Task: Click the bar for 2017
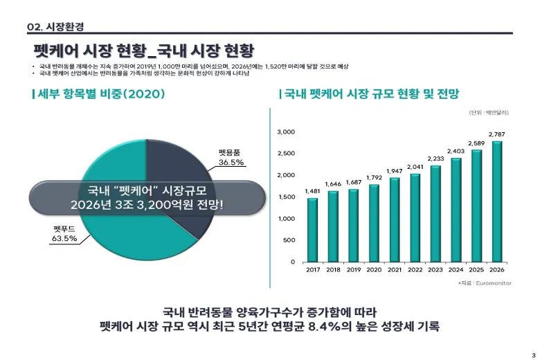pos(312,230)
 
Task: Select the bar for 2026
pos(496,201)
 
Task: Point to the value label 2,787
pos(496,134)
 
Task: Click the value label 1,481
pos(312,191)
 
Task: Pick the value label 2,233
pos(435,159)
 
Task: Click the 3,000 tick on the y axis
pos(286,132)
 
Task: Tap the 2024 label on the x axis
pos(456,270)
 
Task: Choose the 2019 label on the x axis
pos(353,270)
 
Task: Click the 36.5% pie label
pos(231,162)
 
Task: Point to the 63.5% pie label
pos(64,239)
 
